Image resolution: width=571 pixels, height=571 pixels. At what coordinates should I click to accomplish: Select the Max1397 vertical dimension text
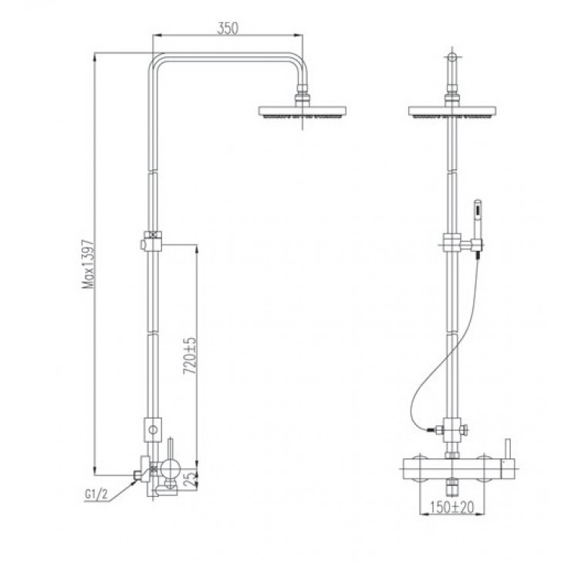point(89,263)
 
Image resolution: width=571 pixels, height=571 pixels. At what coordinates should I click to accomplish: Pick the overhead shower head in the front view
point(453,113)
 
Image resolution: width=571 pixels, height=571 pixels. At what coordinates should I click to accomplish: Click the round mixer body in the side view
point(169,468)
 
